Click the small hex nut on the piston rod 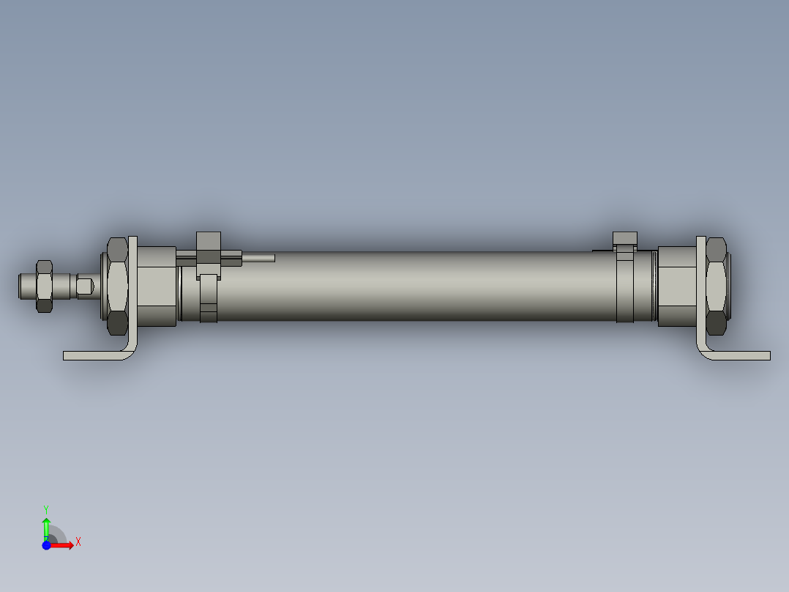pos(44,286)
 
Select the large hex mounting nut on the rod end pos(117,286)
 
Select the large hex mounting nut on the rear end pos(717,286)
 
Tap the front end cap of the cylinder pos(157,286)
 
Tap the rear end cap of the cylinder pos(677,286)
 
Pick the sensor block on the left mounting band pos(209,249)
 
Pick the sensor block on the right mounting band pos(625,238)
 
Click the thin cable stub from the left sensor pos(258,258)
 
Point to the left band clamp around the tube pos(209,300)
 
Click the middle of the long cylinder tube pos(417,286)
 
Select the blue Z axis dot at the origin pos(46,545)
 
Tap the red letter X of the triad pos(78,542)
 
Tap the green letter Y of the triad pos(45,508)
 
